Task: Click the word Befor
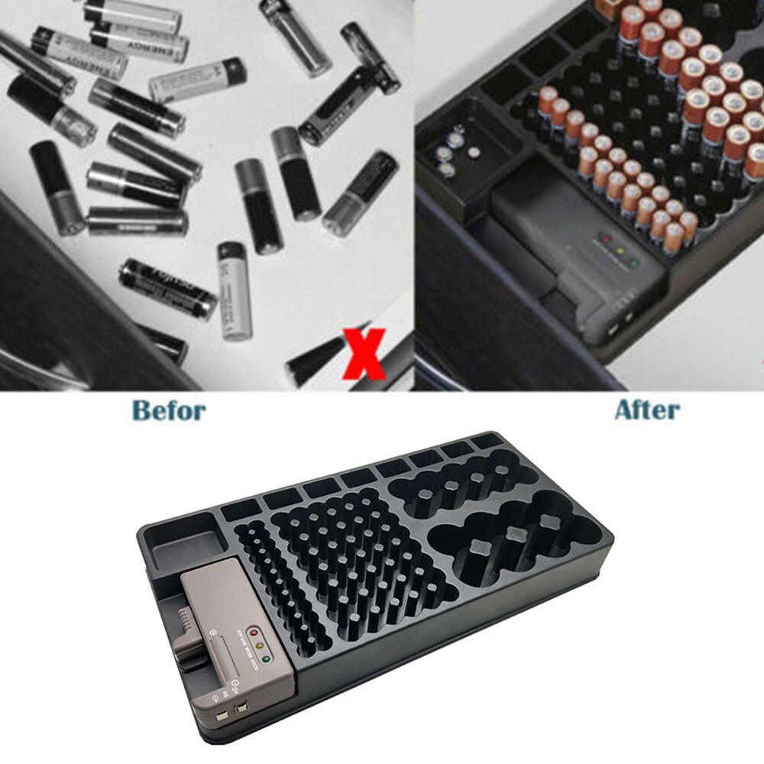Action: (x=169, y=410)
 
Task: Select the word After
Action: (x=647, y=410)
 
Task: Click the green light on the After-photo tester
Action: (x=633, y=264)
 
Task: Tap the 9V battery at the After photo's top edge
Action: (x=609, y=8)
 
